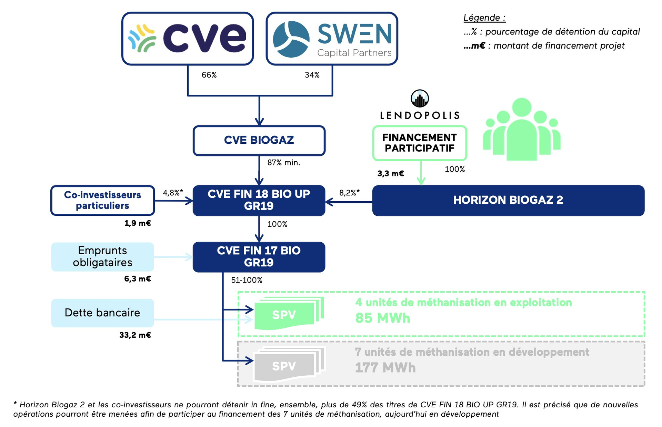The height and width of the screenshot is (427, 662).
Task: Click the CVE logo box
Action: coord(188,39)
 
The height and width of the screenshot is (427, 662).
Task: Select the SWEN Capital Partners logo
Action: coord(332,39)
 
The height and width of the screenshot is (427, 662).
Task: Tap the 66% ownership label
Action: coord(209,75)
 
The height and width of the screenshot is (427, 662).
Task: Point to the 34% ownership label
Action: coord(312,75)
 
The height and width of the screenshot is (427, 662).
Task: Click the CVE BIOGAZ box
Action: coord(259,140)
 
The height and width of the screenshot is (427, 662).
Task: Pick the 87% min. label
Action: coord(284,163)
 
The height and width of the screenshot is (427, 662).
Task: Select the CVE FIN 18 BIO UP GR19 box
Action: coord(259,200)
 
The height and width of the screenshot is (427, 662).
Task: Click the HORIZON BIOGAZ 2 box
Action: coord(508,200)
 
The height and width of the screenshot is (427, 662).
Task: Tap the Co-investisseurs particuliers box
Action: coord(102,200)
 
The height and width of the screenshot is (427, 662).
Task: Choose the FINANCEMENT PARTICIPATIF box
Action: coord(420,143)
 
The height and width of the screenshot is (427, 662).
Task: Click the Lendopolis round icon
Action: coord(420,99)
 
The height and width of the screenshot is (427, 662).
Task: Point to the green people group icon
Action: coord(521,129)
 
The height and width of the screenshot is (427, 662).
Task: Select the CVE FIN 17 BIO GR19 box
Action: coord(259,257)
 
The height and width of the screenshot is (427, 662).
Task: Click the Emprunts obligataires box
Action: coord(102,257)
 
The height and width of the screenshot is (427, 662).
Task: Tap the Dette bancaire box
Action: coord(102,313)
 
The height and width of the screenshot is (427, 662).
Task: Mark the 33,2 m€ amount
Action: coord(135,335)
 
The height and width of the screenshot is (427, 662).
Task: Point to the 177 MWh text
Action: coord(385,368)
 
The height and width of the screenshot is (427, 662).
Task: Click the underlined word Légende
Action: coord(484,18)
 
